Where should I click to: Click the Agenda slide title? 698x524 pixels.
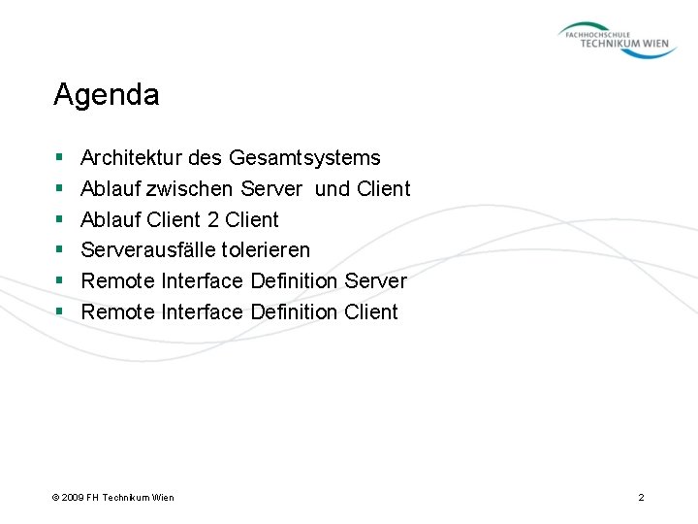point(107,95)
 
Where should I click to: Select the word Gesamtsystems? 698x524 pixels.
point(305,157)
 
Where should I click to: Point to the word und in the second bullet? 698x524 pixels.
point(333,188)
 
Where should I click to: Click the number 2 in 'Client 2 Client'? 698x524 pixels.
point(213,219)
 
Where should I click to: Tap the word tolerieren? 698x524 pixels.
point(267,250)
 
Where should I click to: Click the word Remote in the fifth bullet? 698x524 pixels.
point(116,281)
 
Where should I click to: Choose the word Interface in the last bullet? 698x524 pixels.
point(201,312)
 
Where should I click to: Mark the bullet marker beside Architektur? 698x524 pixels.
point(59,157)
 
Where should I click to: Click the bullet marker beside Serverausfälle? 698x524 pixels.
point(59,250)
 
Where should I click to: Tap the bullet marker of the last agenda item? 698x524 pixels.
point(59,312)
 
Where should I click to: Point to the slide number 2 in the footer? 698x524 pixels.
point(641,498)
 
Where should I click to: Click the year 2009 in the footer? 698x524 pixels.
point(74,498)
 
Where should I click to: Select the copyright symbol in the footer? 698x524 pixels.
point(55,498)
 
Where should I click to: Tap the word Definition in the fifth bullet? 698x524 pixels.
point(294,281)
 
